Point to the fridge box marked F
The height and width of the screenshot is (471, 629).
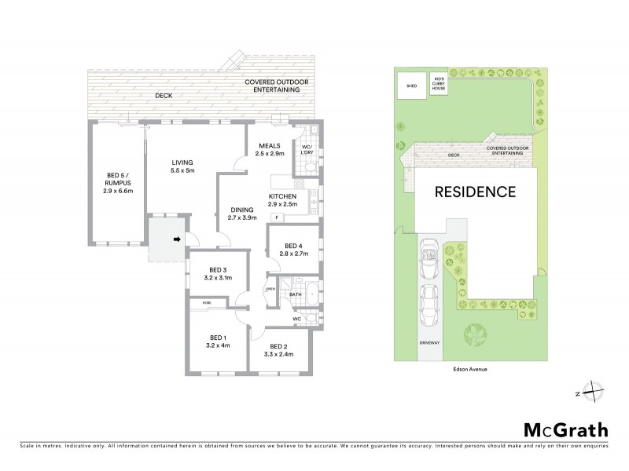coord(277,217)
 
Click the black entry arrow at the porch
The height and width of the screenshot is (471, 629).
coord(177,239)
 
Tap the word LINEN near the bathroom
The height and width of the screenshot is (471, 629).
coord(269,290)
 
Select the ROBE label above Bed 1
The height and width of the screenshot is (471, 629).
coord(208,302)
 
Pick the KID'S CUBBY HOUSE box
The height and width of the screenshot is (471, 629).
coord(438,83)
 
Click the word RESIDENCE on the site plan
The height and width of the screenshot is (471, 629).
coord(476,192)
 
